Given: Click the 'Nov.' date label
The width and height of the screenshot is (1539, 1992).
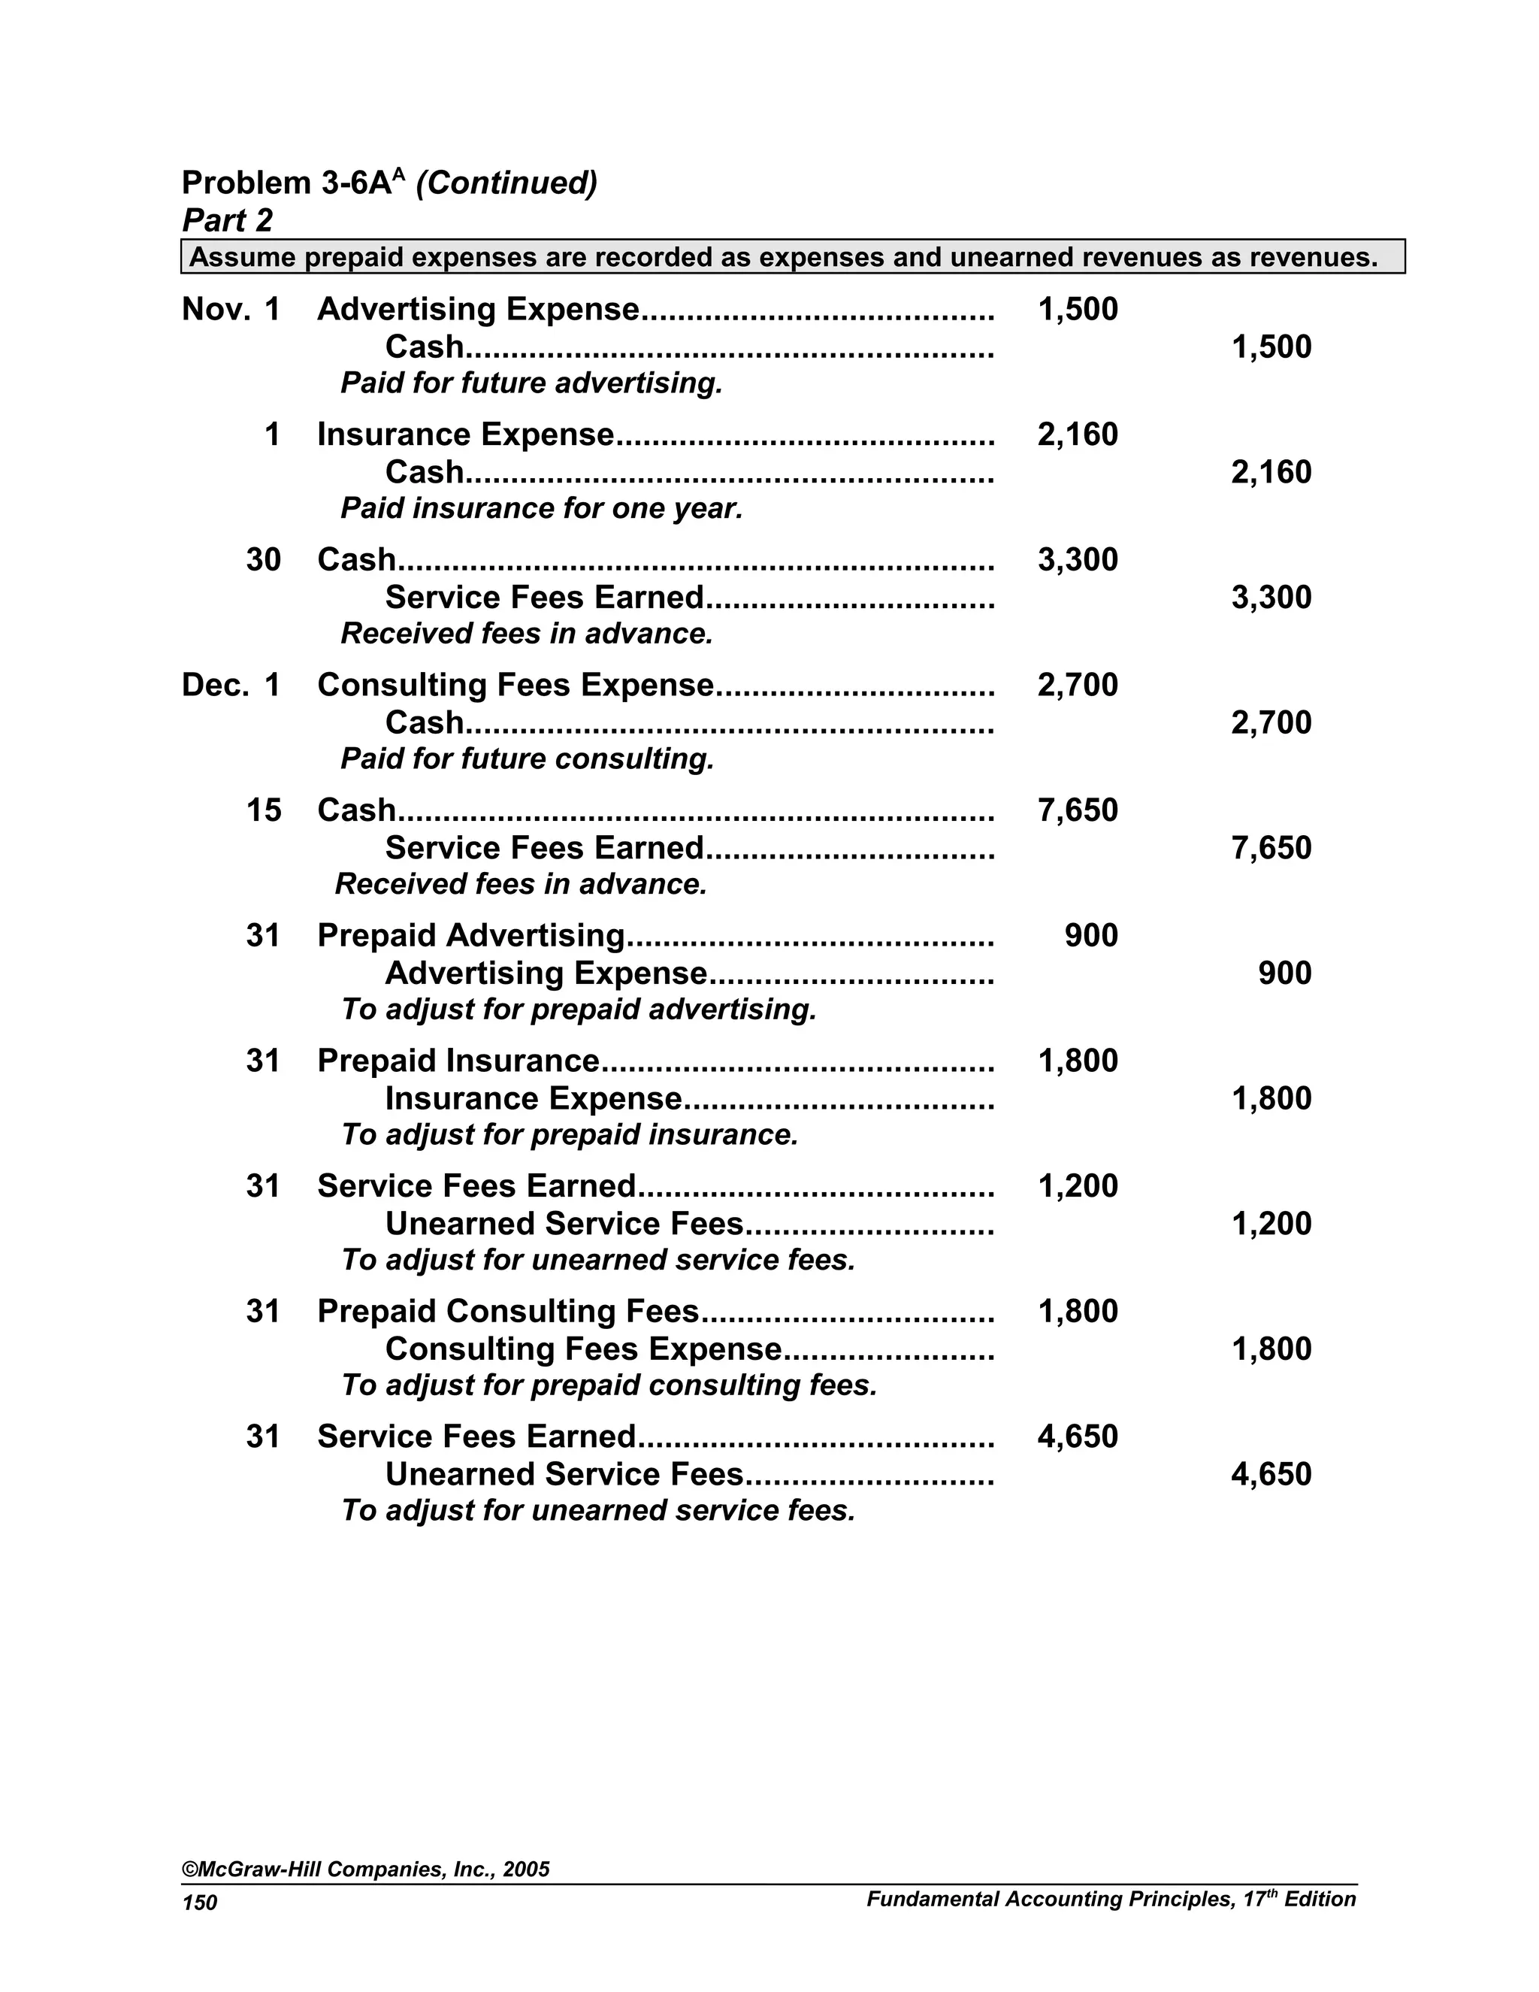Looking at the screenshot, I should click(215, 309).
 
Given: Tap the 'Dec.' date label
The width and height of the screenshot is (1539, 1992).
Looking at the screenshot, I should click(215, 685).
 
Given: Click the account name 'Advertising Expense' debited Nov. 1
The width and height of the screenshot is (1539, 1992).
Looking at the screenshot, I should click(478, 309).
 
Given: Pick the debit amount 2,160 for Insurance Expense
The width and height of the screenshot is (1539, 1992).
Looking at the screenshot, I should click(1077, 434).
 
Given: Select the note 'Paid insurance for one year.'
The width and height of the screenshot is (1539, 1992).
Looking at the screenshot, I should click(542, 508).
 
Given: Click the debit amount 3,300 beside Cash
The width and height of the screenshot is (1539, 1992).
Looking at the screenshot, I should click(1077, 559).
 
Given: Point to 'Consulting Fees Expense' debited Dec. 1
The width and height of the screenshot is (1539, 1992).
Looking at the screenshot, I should click(515, 685).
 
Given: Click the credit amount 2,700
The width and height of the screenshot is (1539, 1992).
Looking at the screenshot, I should click(1271, 722).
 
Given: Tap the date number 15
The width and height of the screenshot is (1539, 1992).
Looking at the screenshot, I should click(264, 810).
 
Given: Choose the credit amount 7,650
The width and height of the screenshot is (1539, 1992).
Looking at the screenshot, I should click(1271, 847).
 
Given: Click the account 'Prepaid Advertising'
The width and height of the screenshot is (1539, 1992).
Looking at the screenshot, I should click(470, 935).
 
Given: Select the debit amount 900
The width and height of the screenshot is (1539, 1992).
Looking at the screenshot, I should click(1090, 935).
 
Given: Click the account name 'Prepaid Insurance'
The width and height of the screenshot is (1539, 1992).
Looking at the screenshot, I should click(458, 1061).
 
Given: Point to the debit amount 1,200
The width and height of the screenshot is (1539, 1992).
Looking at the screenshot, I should click(1077, 1185).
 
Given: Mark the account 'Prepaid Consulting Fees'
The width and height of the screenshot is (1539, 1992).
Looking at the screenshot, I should click(508, 1311).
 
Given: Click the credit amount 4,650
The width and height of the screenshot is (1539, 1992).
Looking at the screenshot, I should click(1271, 1474).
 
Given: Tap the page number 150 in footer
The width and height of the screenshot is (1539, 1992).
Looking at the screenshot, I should click(200, 1903).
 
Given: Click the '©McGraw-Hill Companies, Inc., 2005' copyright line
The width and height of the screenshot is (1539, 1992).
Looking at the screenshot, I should click(366, 1869).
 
